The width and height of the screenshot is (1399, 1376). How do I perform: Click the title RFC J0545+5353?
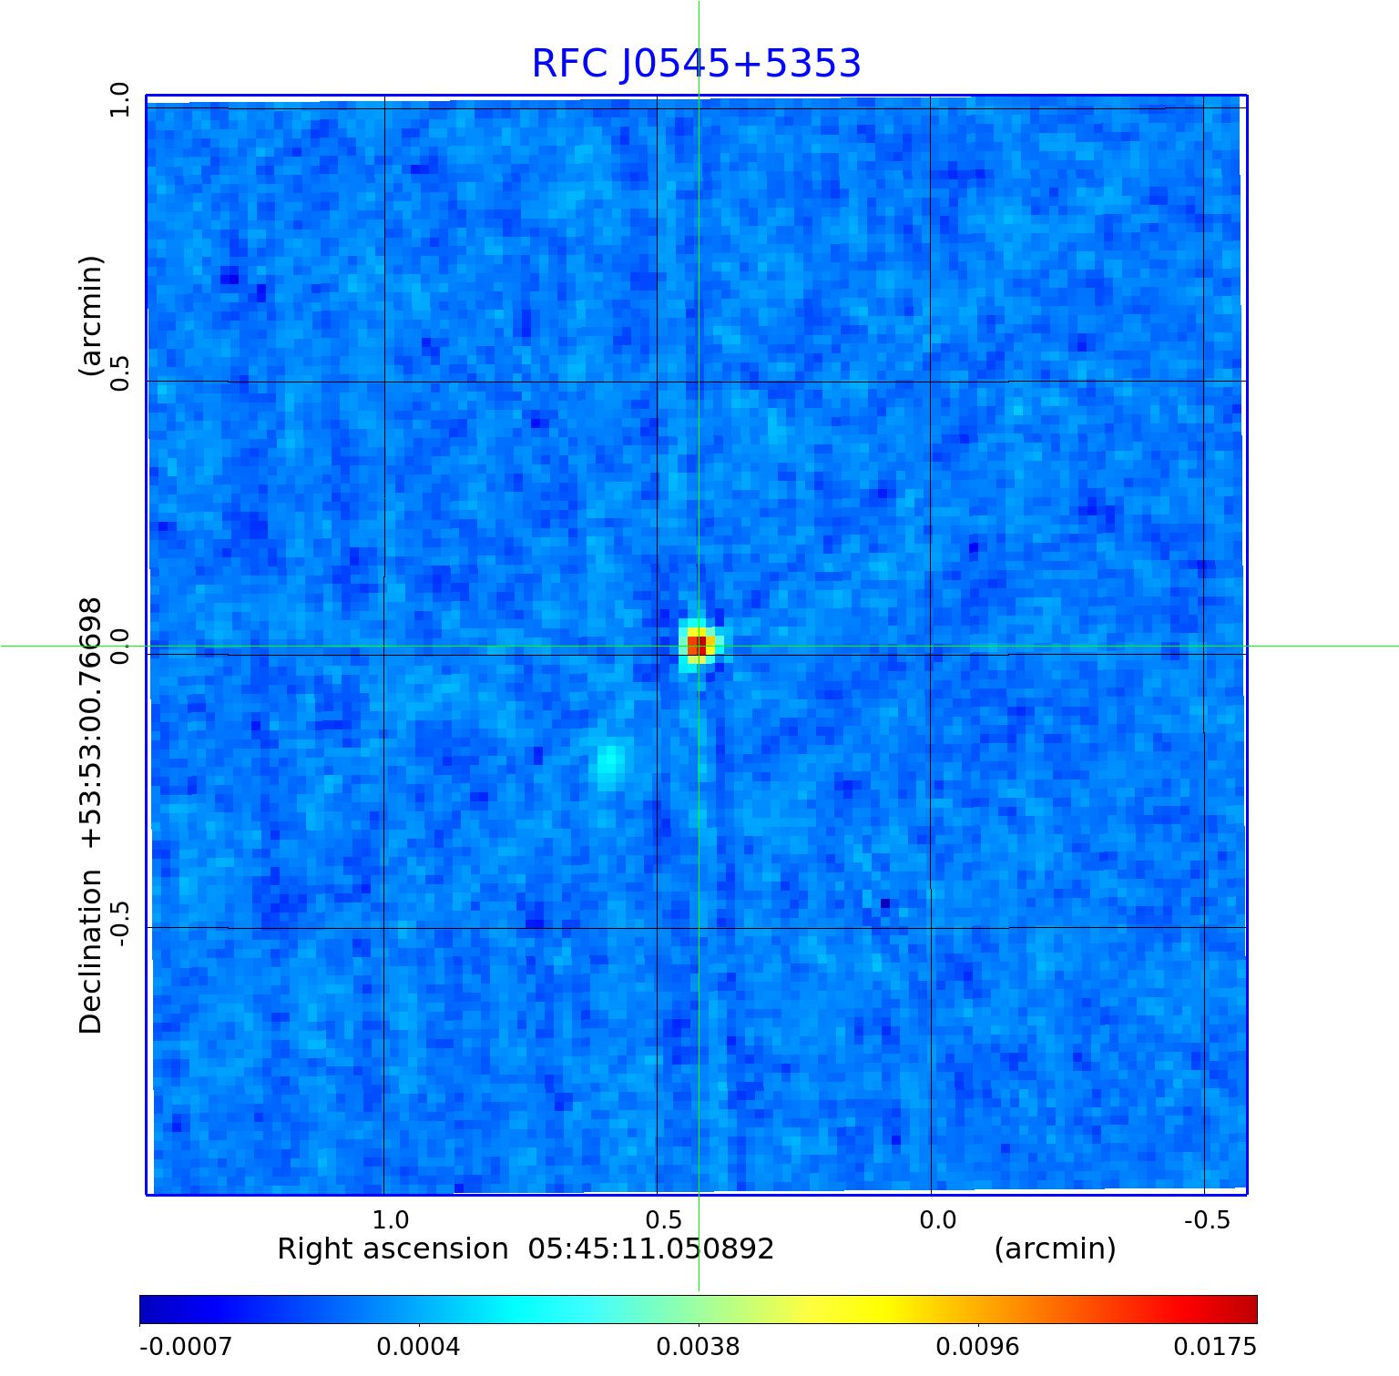pos(696,64)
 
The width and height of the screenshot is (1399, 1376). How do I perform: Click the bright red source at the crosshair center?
pos(697,646)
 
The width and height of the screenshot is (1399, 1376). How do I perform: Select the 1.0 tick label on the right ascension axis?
pos(391,1219)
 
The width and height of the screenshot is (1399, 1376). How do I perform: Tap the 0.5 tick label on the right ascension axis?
pos(664,1219)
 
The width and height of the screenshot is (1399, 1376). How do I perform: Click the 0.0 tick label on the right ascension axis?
pos(937,1219)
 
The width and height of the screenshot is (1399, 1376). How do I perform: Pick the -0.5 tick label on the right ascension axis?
pos(1207,1219)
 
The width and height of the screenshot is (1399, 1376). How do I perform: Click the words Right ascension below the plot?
pos(393,1249)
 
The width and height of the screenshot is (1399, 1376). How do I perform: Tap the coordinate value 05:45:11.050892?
pos(651,1249)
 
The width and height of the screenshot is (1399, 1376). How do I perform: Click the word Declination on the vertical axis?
pos(91,951)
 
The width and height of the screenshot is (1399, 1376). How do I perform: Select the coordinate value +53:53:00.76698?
pos(91,723)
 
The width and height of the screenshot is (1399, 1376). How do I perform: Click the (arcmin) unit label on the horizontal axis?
pos(1055,1249)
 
